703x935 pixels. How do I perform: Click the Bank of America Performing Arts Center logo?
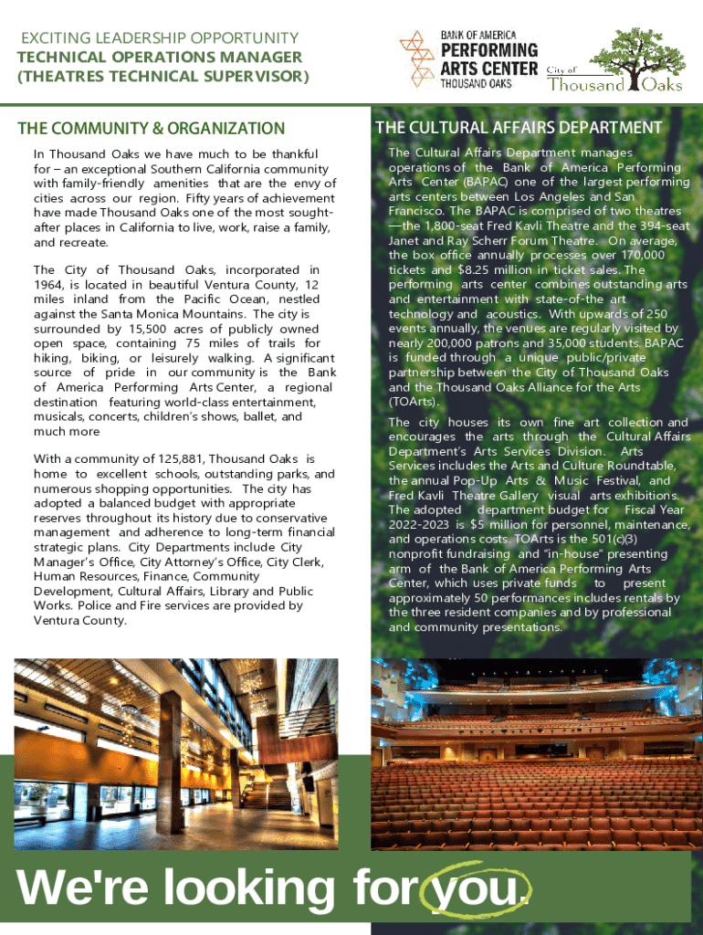(x=468, y=59)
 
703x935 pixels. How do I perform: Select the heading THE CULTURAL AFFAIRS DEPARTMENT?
(x=519, y=127)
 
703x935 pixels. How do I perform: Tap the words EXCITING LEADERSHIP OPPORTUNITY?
(x=159, y=37)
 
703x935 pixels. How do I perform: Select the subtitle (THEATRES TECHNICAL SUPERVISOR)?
(x=163, y=77)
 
